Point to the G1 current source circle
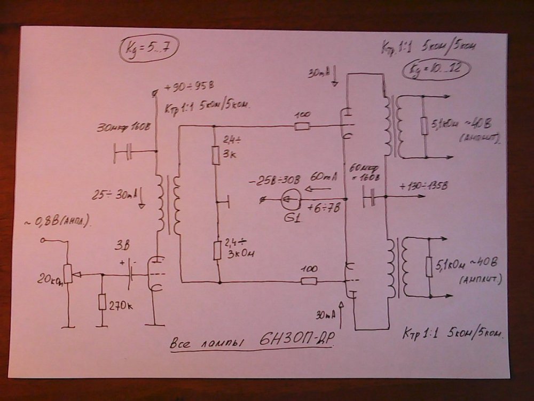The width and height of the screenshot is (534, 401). click(289, 200)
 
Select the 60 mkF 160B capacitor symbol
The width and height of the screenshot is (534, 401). click(371, 199)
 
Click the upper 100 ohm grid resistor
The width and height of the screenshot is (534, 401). click(302, 127)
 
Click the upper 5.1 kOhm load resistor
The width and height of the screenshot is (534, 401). click(423, 126)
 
